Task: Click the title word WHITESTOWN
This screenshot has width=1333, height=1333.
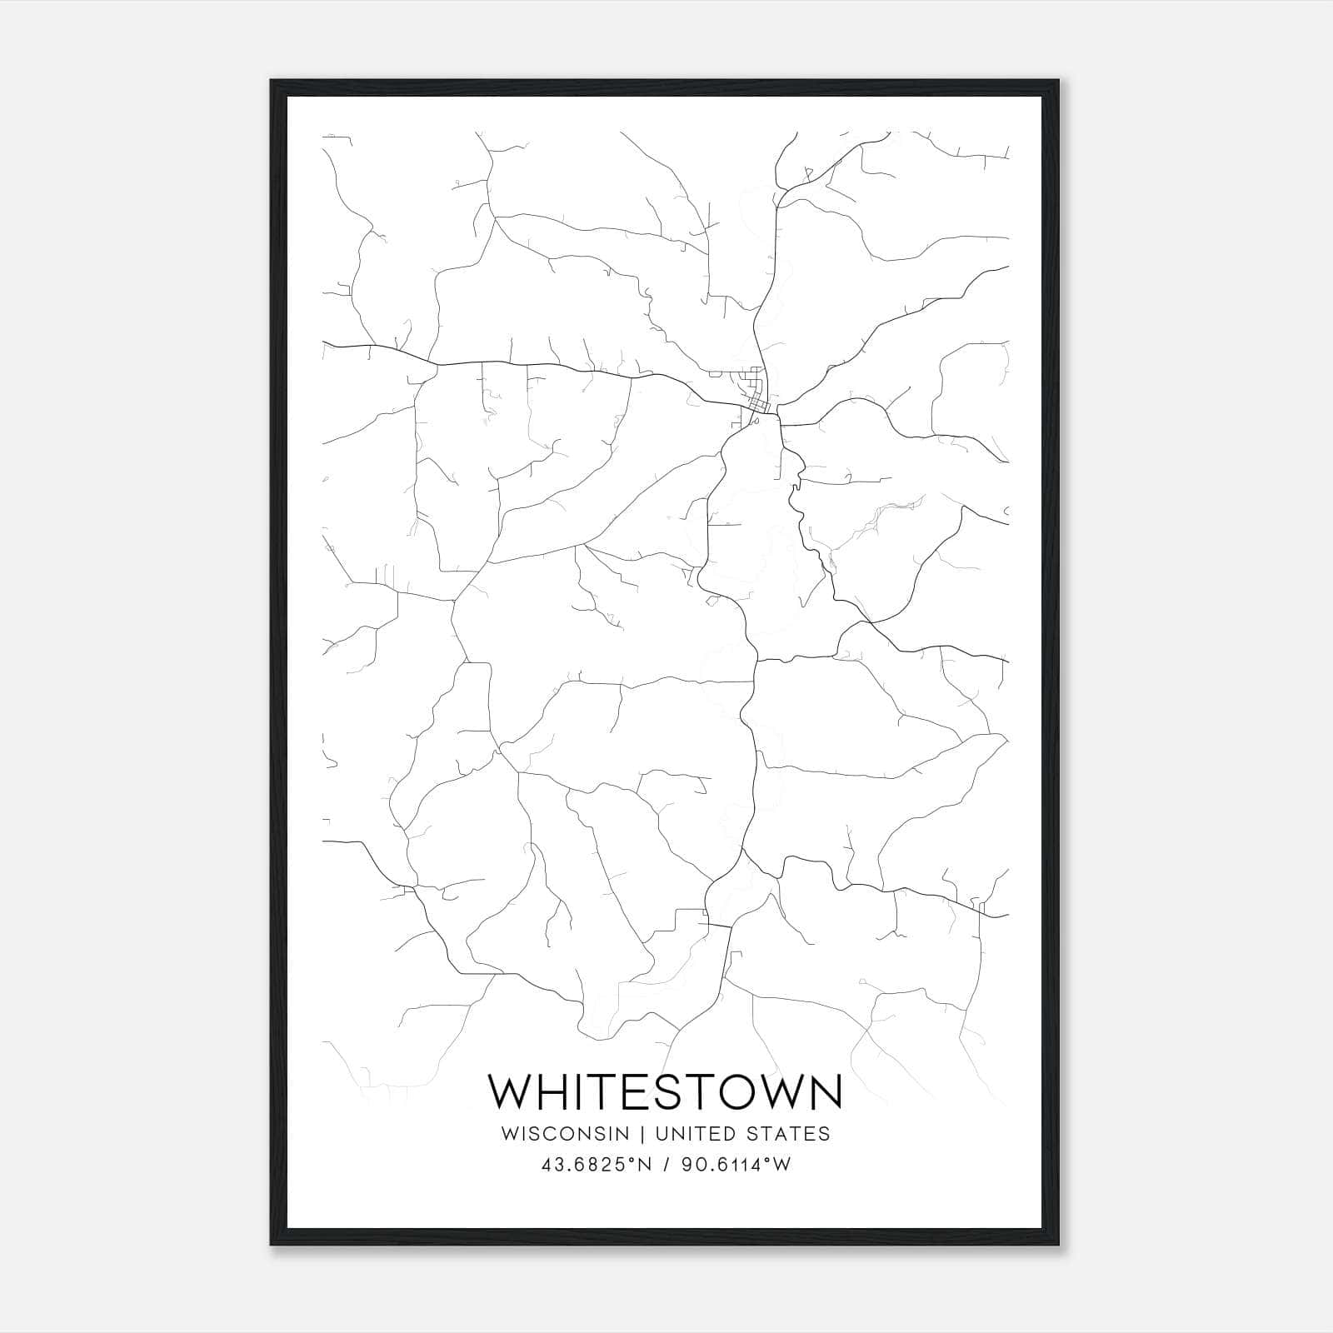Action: pyautogui.click(x=665, y=1091)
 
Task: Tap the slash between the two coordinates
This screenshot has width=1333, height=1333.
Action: pyautogui.click(x=666, y=1165)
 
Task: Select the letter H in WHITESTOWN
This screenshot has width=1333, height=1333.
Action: pyautogui.click(x=557, y=1091)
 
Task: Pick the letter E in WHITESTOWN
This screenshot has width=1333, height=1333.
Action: pyautogui.click(x=640, y=1091)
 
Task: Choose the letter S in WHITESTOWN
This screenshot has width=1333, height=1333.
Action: pyautogui.click(x=671, y=1091)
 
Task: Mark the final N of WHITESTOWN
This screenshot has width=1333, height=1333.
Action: pyautogui.click(x=825, y=1091)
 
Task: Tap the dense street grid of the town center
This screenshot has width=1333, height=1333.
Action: pyautogui.click(x=758, y=400)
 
